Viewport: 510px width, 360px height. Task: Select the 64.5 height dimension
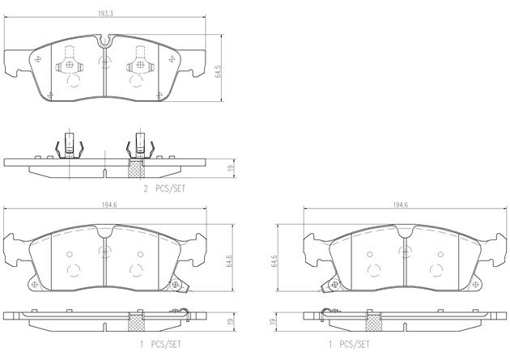click(218, 71)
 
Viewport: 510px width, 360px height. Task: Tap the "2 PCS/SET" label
click(164, 188)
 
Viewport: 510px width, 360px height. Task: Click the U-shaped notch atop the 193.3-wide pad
click(104, 40)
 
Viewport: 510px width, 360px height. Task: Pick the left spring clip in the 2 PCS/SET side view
click(70, 146)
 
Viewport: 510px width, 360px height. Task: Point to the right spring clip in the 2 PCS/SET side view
click(140, 146)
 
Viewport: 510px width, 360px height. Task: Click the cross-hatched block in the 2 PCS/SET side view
click(136, 168)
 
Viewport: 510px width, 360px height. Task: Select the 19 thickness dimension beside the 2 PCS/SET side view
click(232, 168)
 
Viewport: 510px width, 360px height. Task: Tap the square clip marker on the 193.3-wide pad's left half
click(70, 65)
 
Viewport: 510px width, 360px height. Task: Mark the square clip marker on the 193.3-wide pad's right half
click(140, 65)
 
